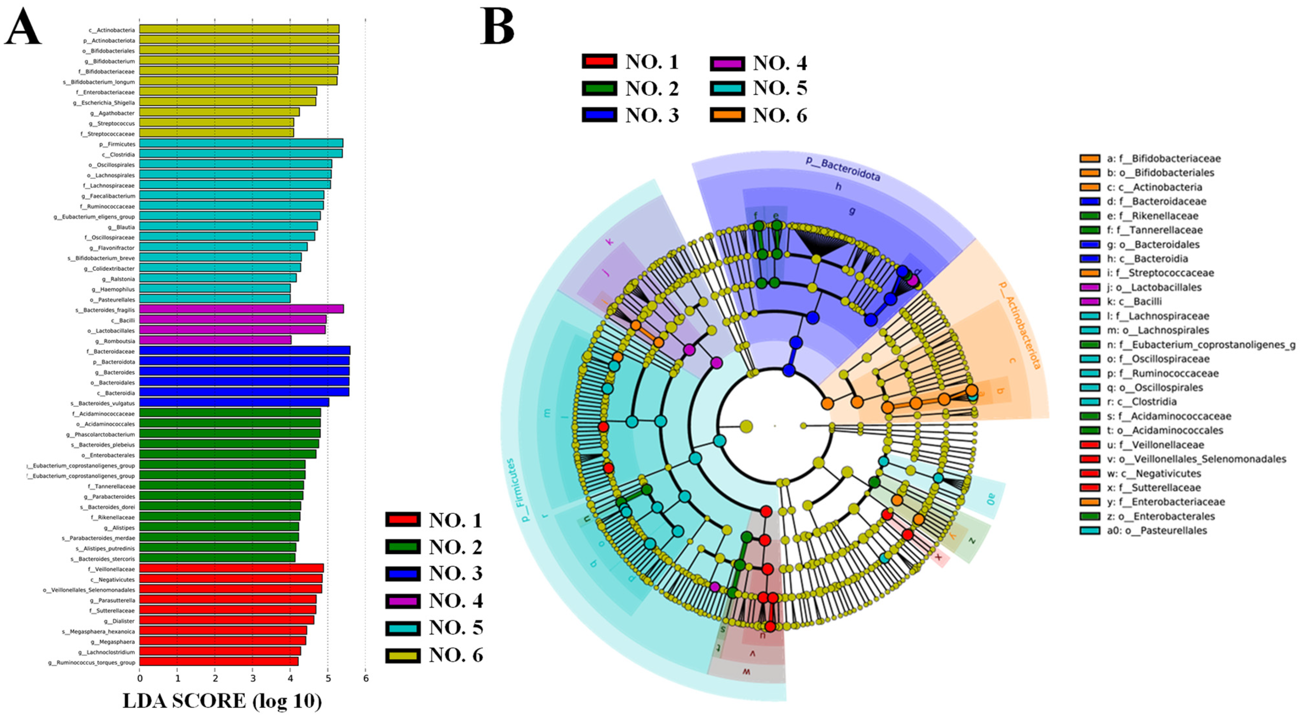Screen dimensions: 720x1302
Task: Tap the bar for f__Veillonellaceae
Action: (231, 568)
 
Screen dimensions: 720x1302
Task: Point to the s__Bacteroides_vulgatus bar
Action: (234, 403)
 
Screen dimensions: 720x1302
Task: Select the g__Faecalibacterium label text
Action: (108, 196)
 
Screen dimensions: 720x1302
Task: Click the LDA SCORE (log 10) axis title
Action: (222, 701)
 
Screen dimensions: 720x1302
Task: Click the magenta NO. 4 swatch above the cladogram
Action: (727, 64)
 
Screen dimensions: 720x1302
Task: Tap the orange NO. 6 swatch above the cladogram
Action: (727, 115)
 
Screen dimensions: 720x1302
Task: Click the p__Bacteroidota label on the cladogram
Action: (842, 169)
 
